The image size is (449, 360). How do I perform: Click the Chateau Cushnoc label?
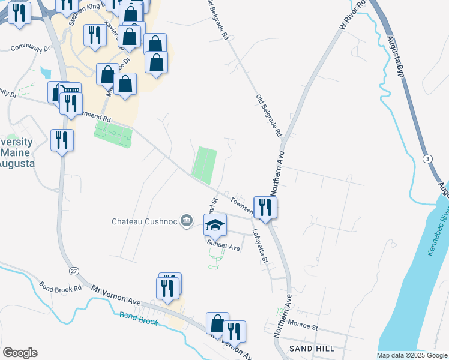point(145,221)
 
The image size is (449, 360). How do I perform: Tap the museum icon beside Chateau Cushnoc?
point(187,221)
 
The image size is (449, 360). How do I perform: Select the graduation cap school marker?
point(215,226)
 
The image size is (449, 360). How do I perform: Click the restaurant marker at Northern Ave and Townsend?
point(265,208)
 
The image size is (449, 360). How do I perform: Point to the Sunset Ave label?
point(223,247)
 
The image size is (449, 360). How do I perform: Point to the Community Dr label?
point(29,47)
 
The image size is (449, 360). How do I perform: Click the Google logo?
point(20,353)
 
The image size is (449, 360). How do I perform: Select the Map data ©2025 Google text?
point(412,355)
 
